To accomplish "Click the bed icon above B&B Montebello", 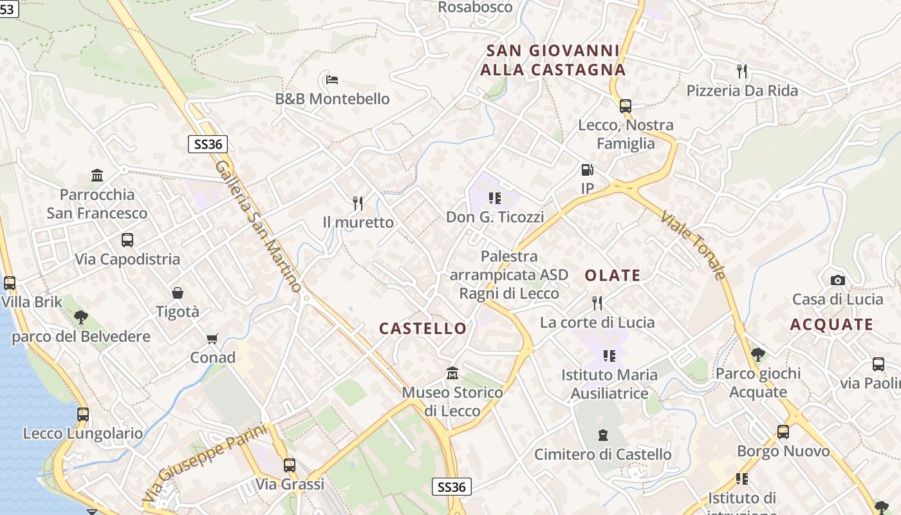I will pos(332,80).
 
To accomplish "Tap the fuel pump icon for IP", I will pos(587,170).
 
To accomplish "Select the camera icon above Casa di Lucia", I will pos(837,280).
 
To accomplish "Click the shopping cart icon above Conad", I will pos(212,339).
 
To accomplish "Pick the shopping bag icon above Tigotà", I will pos(178,293).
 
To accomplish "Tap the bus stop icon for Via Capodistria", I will pos(127,240).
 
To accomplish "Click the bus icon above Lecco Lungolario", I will pos(83,415).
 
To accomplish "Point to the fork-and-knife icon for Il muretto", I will pos(358,203).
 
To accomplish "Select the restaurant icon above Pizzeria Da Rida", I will pos(742,71).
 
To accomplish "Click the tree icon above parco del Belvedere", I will pos(81,317).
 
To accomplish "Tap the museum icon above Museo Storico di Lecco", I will pos(452,373).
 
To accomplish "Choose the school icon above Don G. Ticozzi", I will pos(494,198).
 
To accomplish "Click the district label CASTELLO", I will pos(423,328).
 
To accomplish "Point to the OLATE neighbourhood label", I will pos(613,276).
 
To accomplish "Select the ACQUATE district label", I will pos(831,324).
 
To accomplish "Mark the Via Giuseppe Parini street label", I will pos(205,464).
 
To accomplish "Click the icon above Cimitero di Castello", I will pos(603,435).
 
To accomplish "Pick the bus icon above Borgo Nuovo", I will pos(783,432).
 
